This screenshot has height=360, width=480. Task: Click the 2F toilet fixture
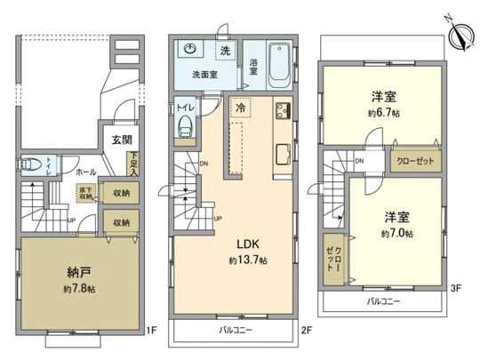[185, 126]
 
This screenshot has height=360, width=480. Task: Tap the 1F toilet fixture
[30, 164]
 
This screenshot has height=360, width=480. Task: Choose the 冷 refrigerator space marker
[240, 106]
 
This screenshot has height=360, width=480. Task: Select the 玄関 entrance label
[121, 140]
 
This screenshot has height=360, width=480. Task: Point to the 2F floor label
[307, 331]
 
